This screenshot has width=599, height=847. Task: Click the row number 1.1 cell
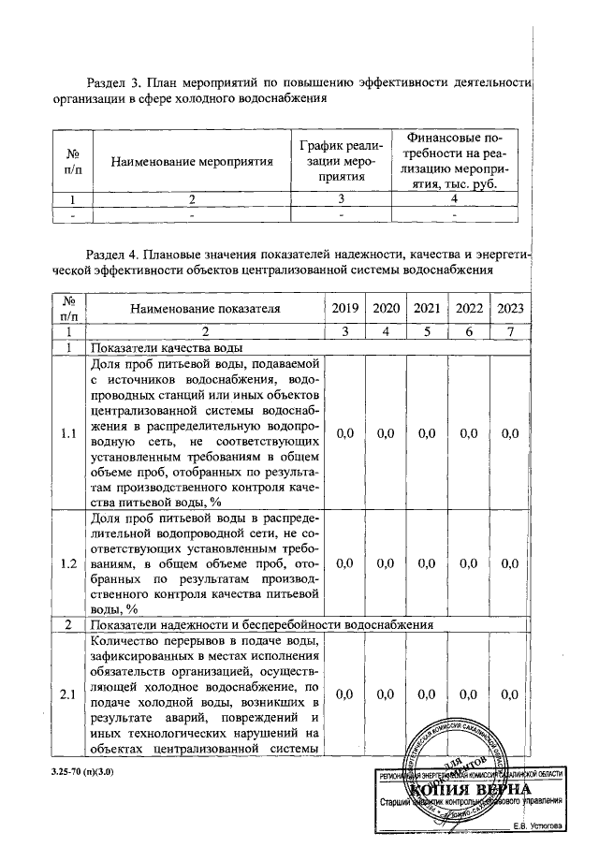(67, 433)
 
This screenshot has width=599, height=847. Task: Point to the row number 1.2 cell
(67, 563)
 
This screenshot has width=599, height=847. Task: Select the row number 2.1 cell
(67, 694)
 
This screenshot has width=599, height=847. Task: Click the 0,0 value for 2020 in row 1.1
(386, 433)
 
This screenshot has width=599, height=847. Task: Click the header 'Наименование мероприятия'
(192, 161)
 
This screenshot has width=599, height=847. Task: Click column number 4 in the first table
(454, 198)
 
